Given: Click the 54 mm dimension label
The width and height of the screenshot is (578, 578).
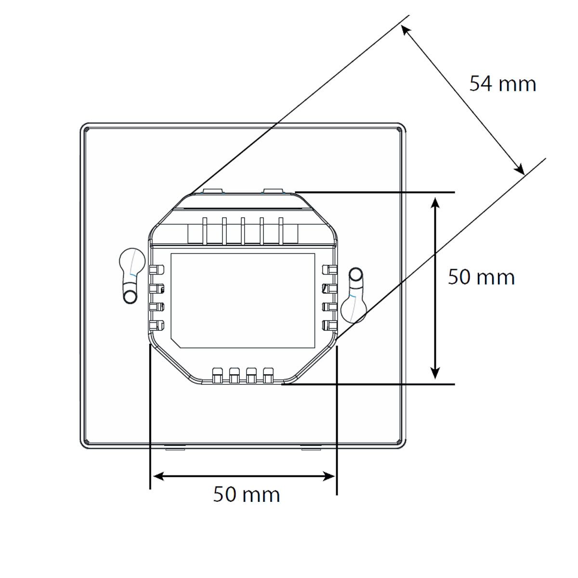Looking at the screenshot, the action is [x=502, y=84].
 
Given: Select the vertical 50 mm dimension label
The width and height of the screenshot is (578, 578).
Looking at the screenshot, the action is [x=481, y=276].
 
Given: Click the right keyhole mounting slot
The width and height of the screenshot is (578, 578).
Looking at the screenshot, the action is [x=355, y=295].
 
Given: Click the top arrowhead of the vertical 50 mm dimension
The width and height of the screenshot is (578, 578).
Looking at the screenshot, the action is [x=435, y=203].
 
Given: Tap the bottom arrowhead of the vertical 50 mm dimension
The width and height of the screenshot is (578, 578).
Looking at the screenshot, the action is [x=435, y=372].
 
